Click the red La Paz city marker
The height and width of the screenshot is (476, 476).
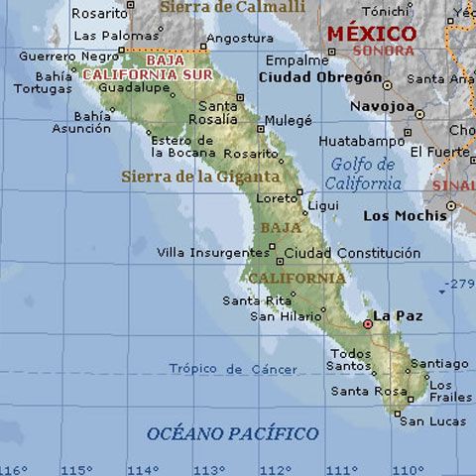[368, 323]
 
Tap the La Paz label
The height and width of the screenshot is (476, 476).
[393, 317]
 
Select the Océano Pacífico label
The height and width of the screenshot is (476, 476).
[232, 433]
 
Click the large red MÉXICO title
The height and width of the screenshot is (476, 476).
[372, 33]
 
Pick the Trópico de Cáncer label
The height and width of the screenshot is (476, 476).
[232, 369]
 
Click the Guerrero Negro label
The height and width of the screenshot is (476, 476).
[62, 57]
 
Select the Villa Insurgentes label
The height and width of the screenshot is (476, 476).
[212, 253]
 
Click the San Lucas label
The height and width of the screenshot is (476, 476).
[432, 420]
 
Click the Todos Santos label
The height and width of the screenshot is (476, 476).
[351, 360]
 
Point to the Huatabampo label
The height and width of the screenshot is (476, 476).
[348, 141]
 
